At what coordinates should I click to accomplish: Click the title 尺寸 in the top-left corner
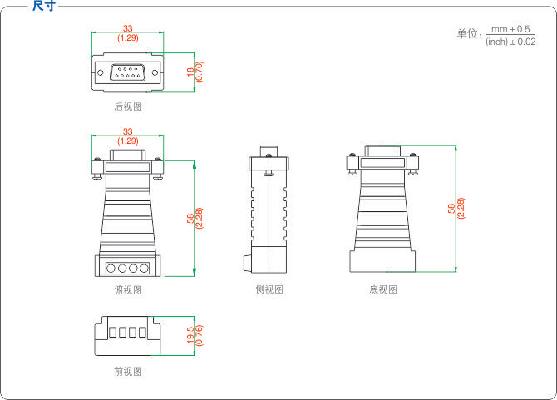(x=43, y=7)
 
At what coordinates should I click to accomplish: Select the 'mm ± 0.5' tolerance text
(x=510, y=29)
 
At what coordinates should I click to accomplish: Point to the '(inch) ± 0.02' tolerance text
(x=510, y=42)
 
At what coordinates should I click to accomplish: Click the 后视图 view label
(x=128, y=106)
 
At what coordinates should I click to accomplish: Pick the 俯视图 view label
(x=128, y=289)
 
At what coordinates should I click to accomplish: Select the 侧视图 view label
(x=269, y=289)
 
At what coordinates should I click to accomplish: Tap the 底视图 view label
(x=383, y=289)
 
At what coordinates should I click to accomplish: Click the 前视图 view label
(x=128, y=371)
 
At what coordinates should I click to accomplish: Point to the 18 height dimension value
(x=190, y=73)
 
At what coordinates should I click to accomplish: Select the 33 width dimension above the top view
(x=128, y=131)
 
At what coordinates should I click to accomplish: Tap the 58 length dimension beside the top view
(x=190, y=219)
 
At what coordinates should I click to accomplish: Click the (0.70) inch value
(x=200, y=73)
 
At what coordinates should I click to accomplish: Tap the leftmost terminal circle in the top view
(x=111, y=269)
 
